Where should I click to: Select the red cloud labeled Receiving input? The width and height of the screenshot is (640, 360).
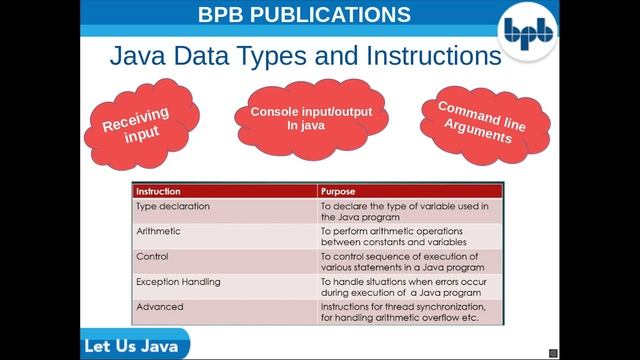click(x=136, y=125)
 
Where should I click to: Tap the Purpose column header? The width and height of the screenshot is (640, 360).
click(x=338, y=191)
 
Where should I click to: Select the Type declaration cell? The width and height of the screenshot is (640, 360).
click(x=173, y=206)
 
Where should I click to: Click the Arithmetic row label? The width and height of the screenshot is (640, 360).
click(x=159, y=231)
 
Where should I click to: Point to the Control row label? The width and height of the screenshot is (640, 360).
click(x=154, y=256)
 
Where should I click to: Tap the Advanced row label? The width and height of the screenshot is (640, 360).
click(x=160, y=307)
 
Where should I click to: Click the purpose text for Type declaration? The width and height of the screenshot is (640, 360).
click(x=404, y=211)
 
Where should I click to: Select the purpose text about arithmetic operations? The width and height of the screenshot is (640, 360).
click(x=394, y=236)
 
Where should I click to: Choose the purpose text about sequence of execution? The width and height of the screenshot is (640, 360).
click(x=402, y=261)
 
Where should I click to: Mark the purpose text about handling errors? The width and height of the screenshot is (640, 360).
click(x=402, y=287)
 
